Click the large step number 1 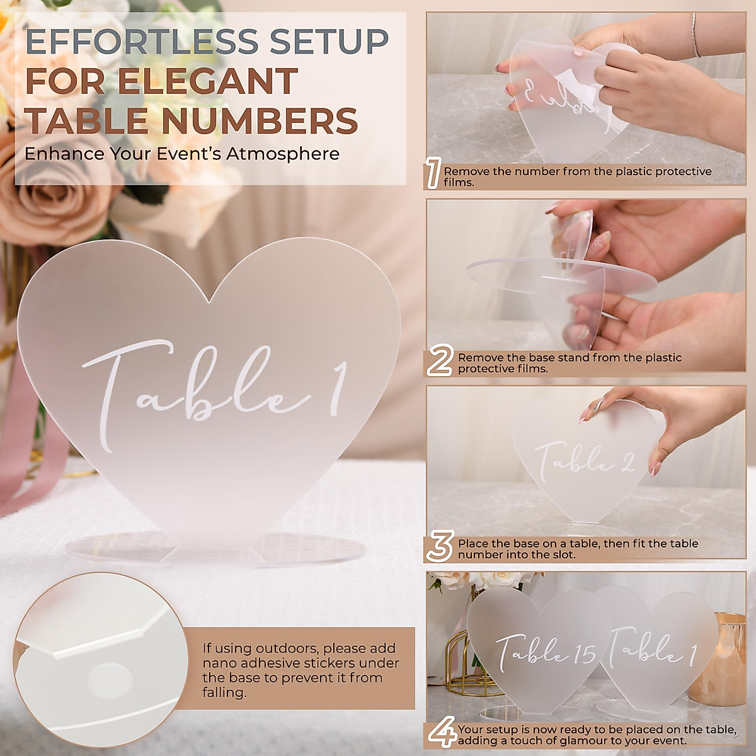tap(433, 175)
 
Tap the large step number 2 tap(440, 362)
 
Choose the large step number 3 tap(439, 547)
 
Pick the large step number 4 tap(441, 733)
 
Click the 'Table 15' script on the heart tap(545, 651)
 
